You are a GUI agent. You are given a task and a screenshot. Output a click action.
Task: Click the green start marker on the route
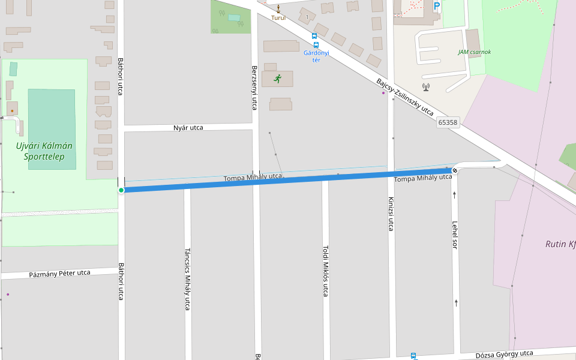(x=121, y=190)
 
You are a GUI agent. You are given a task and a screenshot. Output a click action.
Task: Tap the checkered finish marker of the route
(x=455, y=171)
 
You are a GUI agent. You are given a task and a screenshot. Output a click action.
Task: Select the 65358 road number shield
(x=448, y=122)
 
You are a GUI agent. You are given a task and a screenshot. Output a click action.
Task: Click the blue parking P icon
(x=437, y=6)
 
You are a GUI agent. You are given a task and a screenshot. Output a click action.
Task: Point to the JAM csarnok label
(x=475, y=52)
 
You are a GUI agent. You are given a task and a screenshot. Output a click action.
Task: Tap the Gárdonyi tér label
(x=316, y=56)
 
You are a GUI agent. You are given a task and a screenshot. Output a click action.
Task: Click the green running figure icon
(x=277, y=79)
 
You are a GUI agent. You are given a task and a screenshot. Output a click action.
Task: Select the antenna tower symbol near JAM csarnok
(x=426, y=86)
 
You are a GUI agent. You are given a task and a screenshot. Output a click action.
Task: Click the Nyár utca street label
(x=188, y=128)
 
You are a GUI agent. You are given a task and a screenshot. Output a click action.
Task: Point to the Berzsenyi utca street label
(x=254, y=88)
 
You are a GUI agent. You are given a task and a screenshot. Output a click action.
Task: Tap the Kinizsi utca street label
(x=391, y=214)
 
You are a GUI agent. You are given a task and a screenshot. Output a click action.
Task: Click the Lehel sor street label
(x=455, y=235)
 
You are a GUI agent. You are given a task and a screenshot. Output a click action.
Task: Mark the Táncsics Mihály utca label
(x=187, y=279)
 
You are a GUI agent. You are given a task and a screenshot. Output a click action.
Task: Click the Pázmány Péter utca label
(x=60, y=274)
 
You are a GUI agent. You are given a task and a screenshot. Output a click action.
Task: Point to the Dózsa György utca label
(x=504, y=354)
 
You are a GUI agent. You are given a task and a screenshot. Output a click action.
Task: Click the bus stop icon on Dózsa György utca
(x=413, y=356)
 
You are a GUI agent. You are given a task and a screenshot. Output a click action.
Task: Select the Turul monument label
(x=278, y=18)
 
